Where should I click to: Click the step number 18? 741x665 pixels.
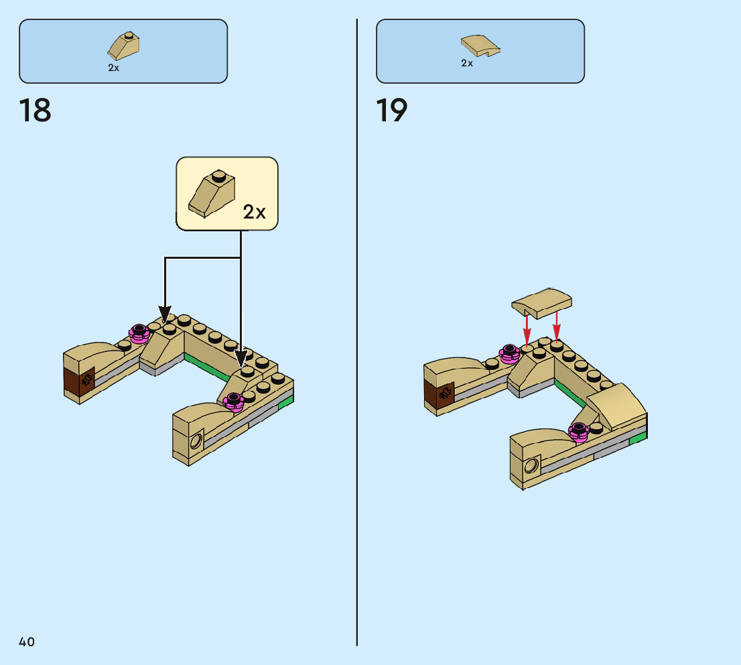coord(36,111)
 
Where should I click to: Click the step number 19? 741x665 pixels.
coord(392,111)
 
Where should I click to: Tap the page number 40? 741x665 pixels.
coord(27,642)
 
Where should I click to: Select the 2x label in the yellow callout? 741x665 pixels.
coord(254,213)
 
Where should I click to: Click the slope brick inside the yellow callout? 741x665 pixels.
coord(212,194)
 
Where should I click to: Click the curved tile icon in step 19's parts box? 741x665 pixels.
coord(480,46)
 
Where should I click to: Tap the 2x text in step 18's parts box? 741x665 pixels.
coord(114,68)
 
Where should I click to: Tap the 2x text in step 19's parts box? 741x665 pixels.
coord(467,63)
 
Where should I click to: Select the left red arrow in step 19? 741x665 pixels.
coord(527,329)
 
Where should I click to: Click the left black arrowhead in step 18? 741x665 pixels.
coord(165,313)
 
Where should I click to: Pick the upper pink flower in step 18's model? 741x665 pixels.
coord(139,333)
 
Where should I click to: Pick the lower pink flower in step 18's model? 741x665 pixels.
coord(234,402)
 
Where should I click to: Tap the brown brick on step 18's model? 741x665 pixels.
coord(79,381)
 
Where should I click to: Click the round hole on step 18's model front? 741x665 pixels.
coord(197,440)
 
